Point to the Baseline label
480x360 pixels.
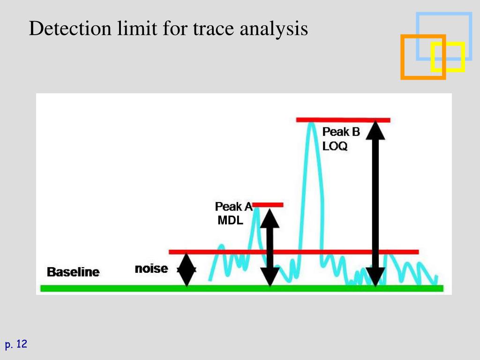[73, 272]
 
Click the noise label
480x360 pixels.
[151, 269]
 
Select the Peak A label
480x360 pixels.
[233, 206]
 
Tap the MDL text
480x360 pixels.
[230, 220]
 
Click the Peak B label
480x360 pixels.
[341, 132]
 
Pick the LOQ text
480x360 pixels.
[335, 146]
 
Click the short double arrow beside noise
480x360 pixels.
[187, 270]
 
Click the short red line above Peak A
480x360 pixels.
[268, 204]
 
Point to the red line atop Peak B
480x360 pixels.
[343, 120]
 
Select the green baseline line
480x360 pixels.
[241, 288]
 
